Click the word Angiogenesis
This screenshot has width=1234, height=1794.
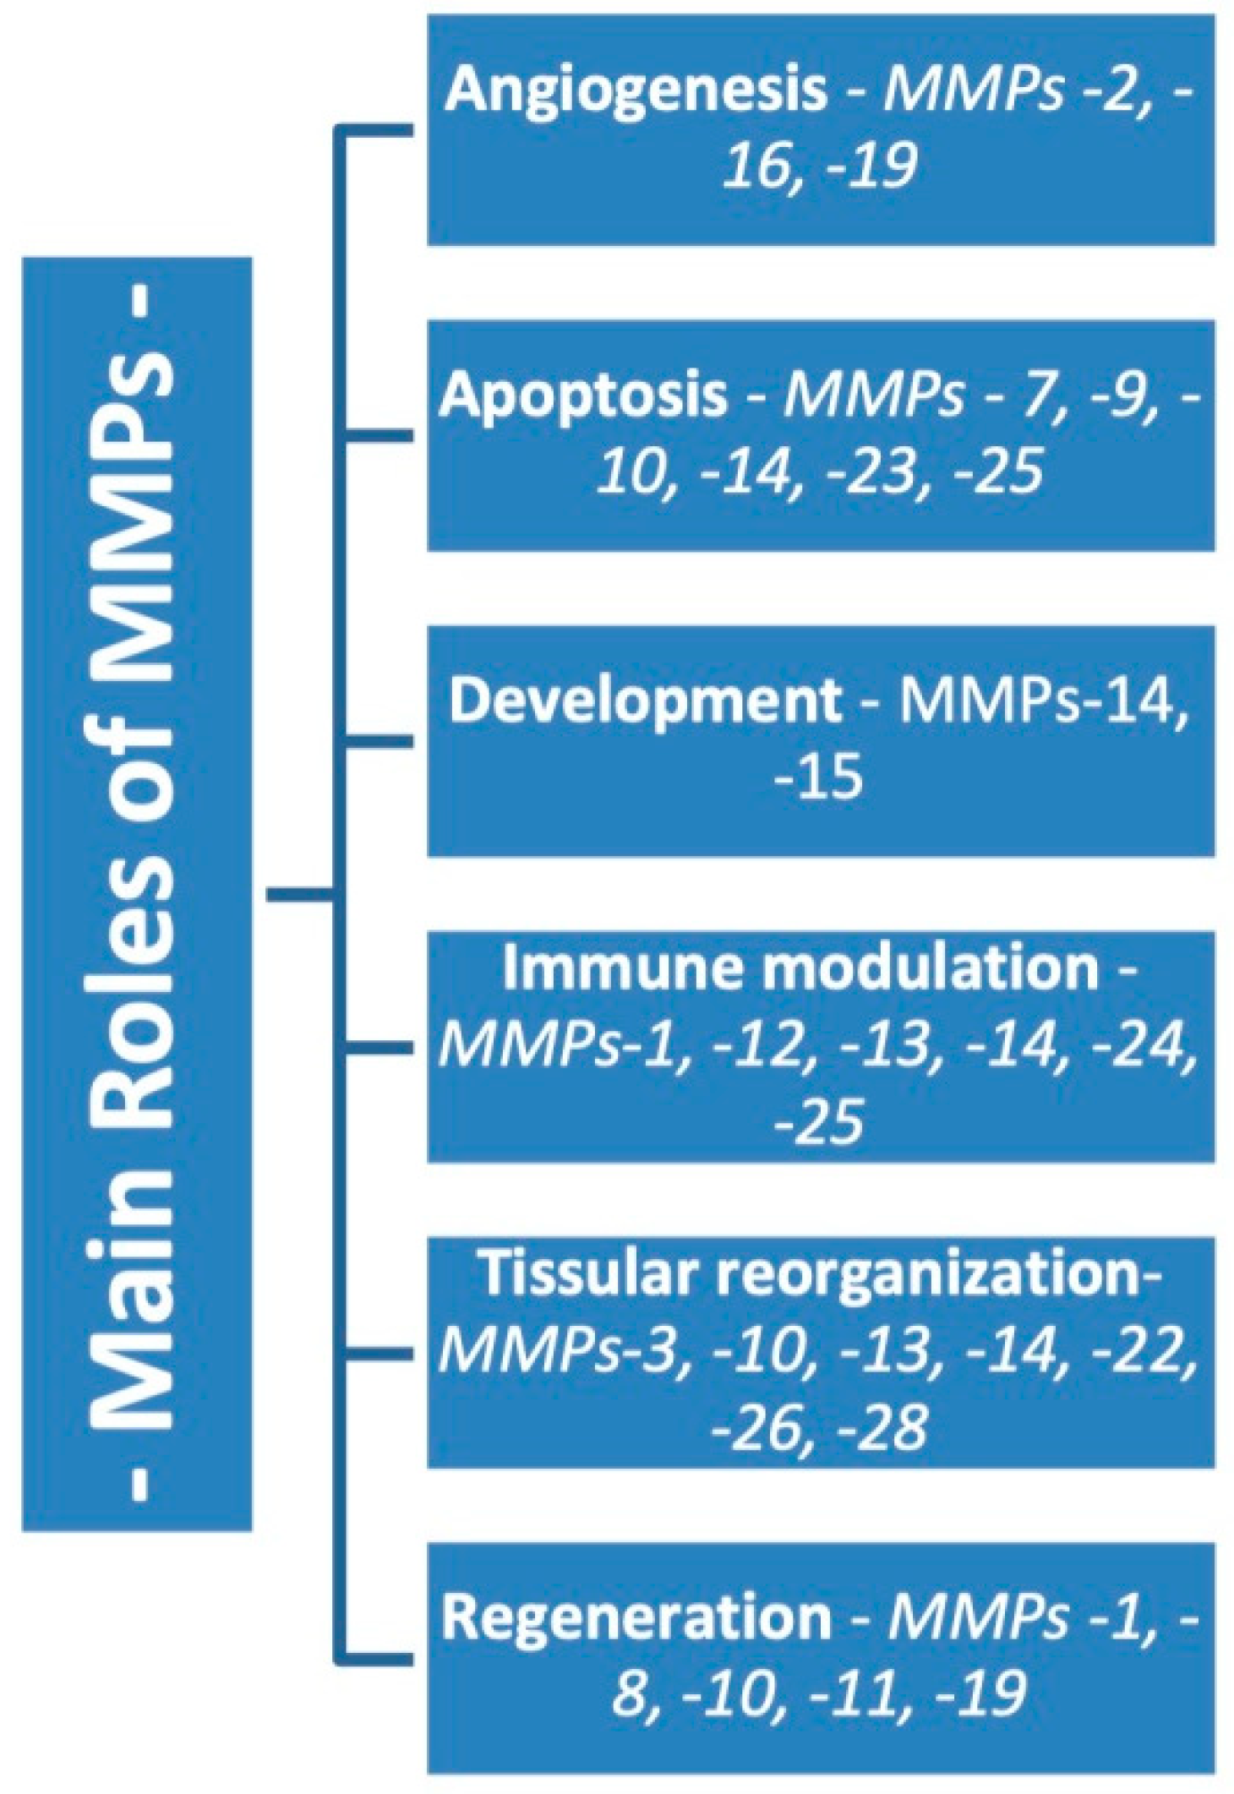click(x=636, y=90)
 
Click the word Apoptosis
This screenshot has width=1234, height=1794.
click(x=583, y=395)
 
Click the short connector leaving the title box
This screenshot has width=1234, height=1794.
click(x=301, y=893)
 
